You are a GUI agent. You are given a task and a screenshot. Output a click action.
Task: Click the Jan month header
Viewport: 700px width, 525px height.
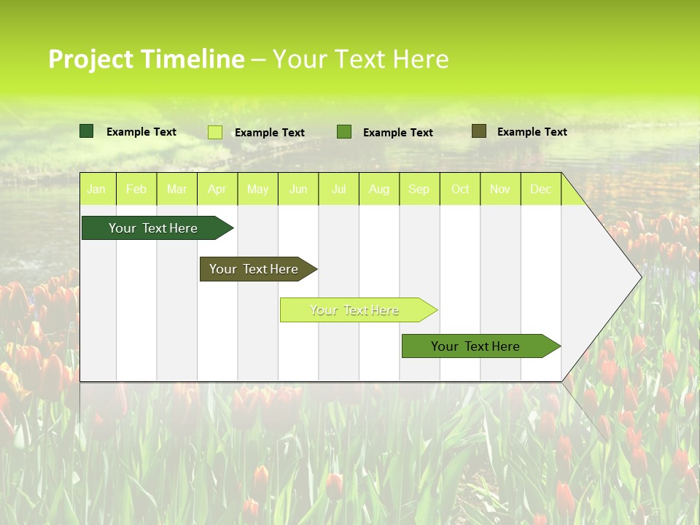[96, 189]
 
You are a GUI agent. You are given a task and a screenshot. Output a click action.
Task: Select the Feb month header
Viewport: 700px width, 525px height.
[136, 189]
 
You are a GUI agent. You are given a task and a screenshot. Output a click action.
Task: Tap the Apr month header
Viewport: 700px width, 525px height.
[217, 189]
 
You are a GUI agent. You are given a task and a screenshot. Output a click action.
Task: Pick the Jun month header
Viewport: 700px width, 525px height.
[298, 189]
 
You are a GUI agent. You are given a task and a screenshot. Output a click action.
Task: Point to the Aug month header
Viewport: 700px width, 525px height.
[378, 189]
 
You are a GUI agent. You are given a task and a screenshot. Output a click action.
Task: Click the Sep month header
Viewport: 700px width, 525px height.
[419, 189]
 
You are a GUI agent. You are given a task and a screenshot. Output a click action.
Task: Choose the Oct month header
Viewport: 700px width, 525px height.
[460, 189]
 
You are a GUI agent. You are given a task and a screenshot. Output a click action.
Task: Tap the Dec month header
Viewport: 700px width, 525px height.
[540, 189]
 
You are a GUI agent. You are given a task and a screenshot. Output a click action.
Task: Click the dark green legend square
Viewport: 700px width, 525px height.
[87, 131]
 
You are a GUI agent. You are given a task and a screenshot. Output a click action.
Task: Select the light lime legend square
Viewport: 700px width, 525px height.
[215, 132]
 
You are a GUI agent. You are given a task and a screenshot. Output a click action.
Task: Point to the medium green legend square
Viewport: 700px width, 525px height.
[344, 132]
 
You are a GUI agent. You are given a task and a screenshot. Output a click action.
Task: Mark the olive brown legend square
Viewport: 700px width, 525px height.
[479, 131]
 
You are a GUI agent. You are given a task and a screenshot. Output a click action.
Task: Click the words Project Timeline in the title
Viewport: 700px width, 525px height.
[146, 59]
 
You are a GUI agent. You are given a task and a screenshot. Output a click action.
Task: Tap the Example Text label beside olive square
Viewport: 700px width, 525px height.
[532, 132]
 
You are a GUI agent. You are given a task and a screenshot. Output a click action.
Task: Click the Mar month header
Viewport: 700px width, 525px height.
[176, 189]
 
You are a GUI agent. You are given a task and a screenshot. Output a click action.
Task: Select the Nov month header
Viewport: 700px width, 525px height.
[500, 189]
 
